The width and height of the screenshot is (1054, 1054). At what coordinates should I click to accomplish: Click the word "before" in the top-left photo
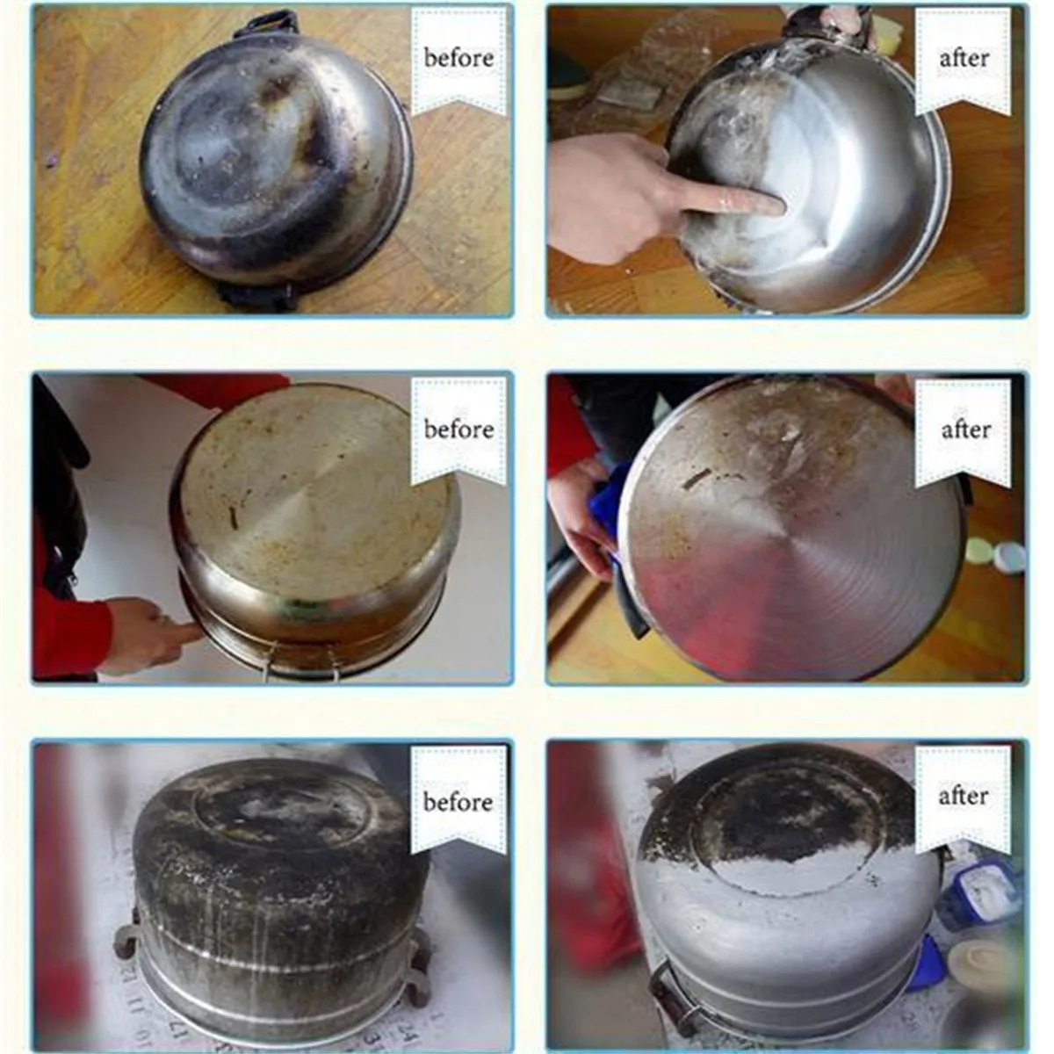coord(458,58)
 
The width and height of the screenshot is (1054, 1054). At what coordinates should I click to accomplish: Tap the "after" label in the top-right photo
coord(964,58)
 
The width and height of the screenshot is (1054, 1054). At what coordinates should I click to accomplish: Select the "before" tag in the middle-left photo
coord(458,430)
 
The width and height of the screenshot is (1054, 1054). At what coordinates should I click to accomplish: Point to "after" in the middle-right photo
coord(965,430)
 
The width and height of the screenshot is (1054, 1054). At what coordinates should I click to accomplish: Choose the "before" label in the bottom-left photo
coord(458,803)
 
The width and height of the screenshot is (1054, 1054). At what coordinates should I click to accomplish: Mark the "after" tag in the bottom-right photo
coord(964,797)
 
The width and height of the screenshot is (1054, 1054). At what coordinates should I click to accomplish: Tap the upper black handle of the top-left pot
coord(267,25)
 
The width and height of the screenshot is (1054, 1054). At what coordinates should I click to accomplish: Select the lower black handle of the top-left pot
coord(258,296)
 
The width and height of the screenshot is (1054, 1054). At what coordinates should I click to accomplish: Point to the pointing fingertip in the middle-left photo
coord(193,632)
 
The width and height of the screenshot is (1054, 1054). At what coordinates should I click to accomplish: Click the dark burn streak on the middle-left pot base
coord(235,518)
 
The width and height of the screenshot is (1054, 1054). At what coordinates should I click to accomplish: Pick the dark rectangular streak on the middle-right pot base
coord(697,478)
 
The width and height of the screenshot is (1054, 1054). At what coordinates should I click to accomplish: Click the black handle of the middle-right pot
coord(634,608)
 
